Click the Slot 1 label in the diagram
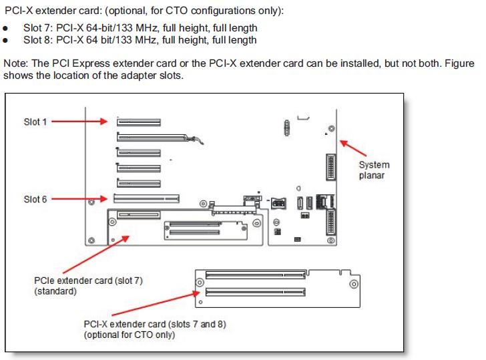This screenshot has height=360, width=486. [x=35, y=122]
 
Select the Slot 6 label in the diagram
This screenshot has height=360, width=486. [x=35, y=199]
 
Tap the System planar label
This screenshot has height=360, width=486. [x=374, y=170]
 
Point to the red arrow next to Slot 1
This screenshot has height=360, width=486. [x=79, y=122]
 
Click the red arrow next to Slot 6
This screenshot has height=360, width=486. [x=79, y=198]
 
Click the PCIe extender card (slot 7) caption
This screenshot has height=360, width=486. [x=88, y=286]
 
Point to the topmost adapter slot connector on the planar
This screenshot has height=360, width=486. [x=140, y=122]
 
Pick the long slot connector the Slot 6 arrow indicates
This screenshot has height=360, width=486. [x=146, y=198]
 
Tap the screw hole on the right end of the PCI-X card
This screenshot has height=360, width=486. [x=354, y=285]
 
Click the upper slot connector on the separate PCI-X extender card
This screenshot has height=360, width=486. [x=254, y=275]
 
